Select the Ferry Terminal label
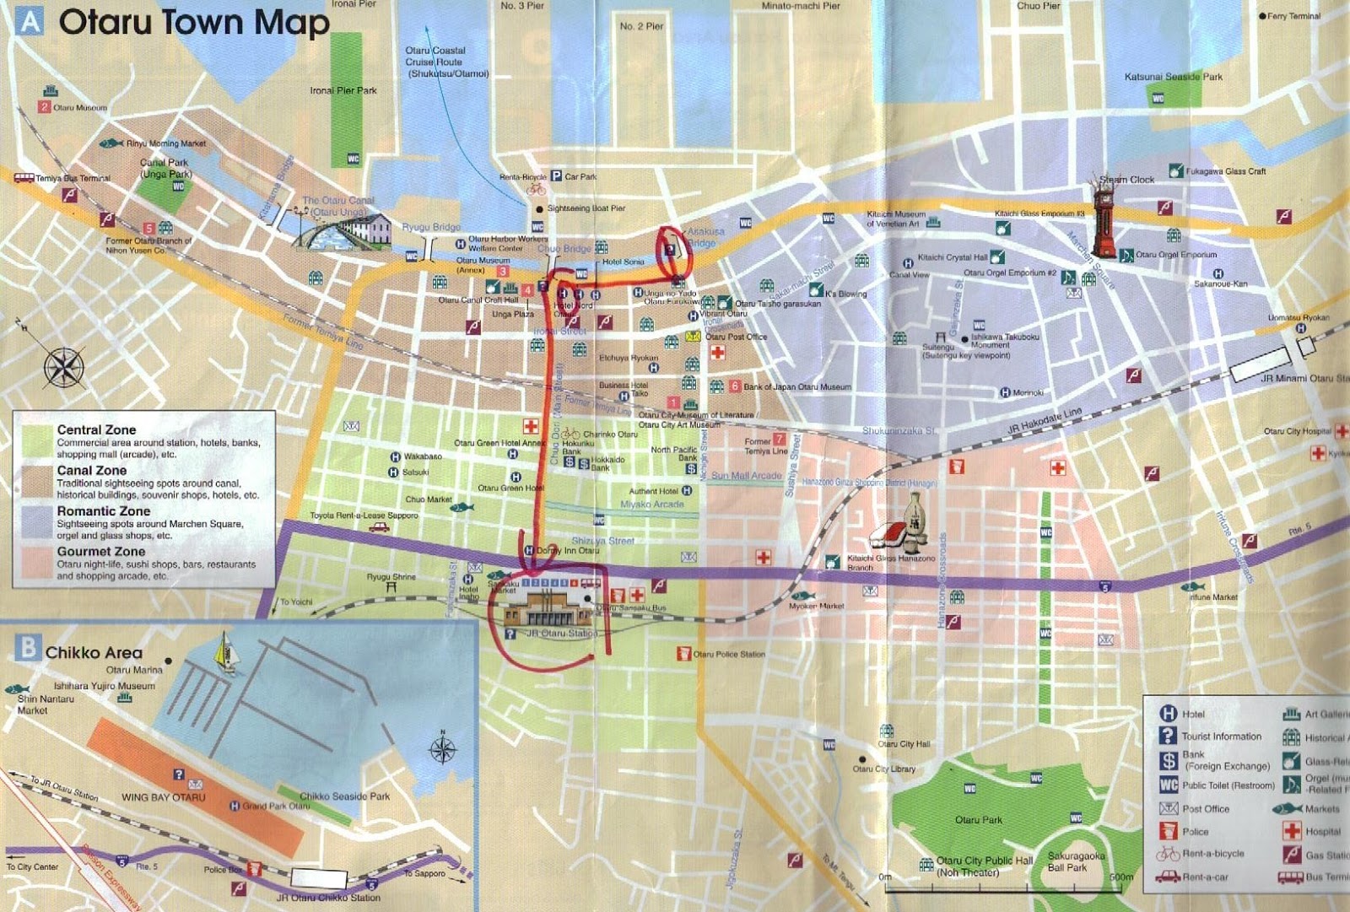(x=1293, y=16)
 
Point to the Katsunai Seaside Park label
(x=1173, y=77)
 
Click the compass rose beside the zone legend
(x=63, y=367)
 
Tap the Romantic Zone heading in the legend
(x=103, y=511)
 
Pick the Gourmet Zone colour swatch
(x=36, y=563)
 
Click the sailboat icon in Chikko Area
(x=224, y=653)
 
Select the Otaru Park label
(x=979, y=819)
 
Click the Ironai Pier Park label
(x=343, y=90)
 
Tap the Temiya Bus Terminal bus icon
(x=24, y=177)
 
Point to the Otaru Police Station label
(x=729, y=654)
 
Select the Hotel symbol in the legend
(x=1168, y=714)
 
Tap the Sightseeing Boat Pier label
(x=586, y=208)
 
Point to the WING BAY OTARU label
(x=163, y=797)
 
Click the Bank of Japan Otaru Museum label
(x=796, y=386)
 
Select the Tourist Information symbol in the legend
(x=1168, y=736)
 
